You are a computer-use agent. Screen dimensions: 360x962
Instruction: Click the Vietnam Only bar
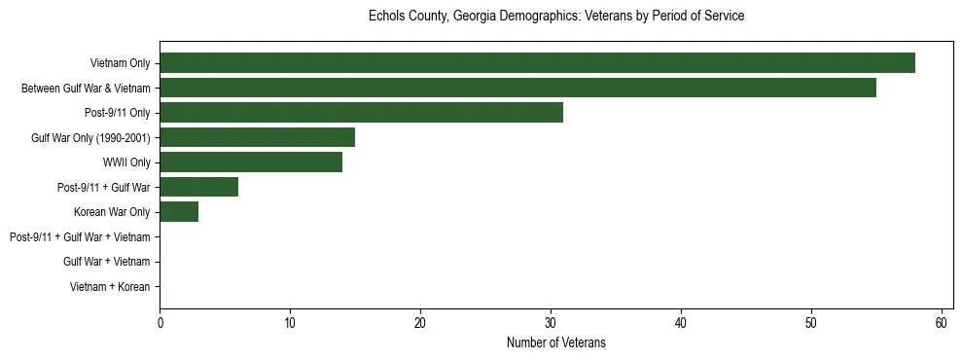pos(537,63)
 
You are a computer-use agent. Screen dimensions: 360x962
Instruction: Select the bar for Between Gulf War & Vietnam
pos(517,88)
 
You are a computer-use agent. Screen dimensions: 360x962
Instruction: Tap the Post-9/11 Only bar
pos(361,113)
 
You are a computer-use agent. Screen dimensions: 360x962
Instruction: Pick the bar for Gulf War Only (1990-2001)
pos(257,137)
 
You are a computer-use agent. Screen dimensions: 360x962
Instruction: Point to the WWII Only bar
pos(251,162)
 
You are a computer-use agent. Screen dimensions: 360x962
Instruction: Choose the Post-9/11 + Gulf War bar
pos(198,187)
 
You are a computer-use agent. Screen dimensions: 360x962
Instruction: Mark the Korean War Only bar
pos(179,212)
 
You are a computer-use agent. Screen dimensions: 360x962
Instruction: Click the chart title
pos(556,17)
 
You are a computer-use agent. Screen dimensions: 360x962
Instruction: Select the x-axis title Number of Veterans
pos(556,342)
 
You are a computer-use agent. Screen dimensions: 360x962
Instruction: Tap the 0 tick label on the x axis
pos(160,323)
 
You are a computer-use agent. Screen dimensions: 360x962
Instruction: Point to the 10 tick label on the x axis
pos(290,323)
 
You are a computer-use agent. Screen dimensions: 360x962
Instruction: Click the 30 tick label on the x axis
pos(551,323)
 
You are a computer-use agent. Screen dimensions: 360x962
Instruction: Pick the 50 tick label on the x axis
pos(811,323)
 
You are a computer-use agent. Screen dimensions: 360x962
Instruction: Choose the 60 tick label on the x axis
pos(942,323)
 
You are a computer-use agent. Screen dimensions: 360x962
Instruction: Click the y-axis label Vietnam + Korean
pos(110,287)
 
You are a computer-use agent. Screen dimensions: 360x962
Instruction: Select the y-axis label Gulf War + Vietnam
pos(106,262)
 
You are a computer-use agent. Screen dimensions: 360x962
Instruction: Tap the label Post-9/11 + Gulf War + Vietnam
pos(80,237)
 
